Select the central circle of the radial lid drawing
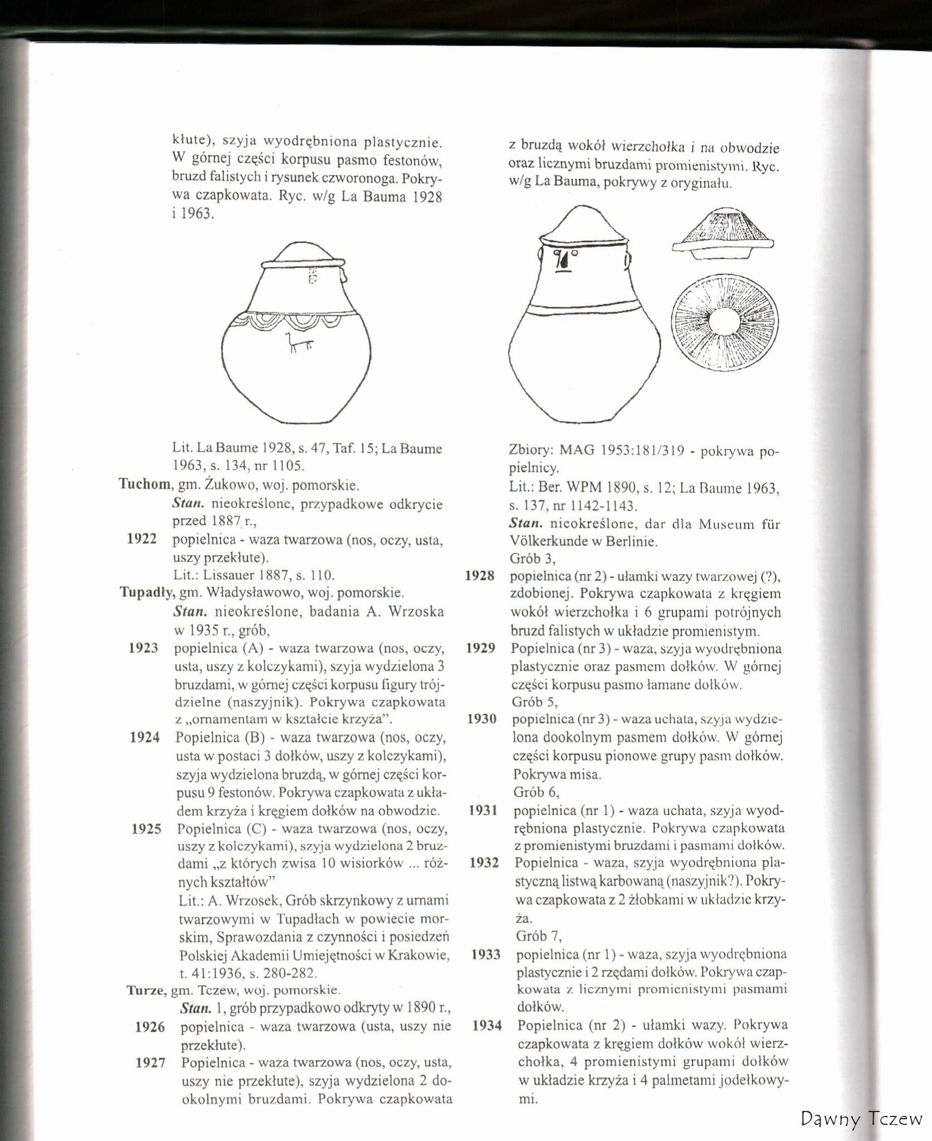coord(725,323)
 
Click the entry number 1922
coord(142,539)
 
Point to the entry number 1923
coord(143,648)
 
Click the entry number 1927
coord(151,1063)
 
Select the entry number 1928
coord(479,576)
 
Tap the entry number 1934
coord(487,1025)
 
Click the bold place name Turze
coord(145,991)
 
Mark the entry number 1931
coord(483,810)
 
